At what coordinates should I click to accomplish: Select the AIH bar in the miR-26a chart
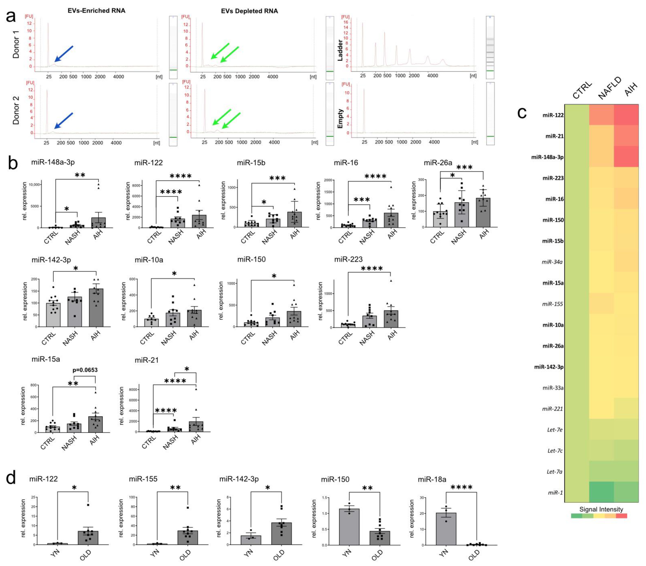coord(483,213)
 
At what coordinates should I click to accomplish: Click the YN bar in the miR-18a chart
coord(446,529)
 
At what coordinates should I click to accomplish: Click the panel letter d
coord(11,479)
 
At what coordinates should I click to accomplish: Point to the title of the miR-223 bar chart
coord(348,259)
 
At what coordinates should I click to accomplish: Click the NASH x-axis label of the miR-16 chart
coord(367,237)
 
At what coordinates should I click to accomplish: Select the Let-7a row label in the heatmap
coord(555,472)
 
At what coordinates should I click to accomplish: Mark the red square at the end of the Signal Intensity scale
coord(621,516)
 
